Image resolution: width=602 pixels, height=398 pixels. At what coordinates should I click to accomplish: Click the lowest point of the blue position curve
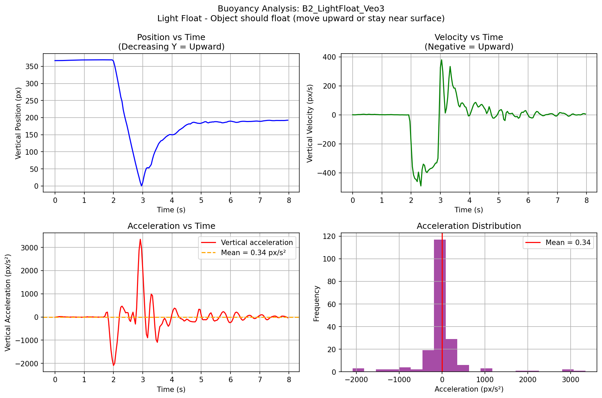tap(141, 186)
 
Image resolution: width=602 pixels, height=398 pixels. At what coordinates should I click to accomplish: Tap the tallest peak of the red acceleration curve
tap(140, 240)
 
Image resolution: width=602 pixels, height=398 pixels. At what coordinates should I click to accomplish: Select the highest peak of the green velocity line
tap(441, 60)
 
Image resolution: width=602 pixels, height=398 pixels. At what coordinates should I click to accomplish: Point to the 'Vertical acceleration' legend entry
tap(257, 243)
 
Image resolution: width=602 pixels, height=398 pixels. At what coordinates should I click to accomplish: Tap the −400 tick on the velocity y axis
tap(329, 173)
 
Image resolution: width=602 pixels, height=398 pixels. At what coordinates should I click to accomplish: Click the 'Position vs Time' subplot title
tap(171, 37)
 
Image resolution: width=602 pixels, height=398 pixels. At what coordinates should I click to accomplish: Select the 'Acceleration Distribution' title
tap(469, 226)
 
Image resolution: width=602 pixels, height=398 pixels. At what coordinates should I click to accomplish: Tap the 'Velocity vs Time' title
tap(469, 37)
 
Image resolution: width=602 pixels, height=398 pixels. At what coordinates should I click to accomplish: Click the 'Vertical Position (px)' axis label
tap(19, 123)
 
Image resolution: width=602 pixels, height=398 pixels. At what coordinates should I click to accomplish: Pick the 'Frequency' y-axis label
tap(317, 303)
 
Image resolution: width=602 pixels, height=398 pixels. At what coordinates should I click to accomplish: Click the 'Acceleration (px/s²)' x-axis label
tap(469, 390)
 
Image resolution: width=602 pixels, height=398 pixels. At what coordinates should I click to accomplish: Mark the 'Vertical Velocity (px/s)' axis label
tap(310, 123)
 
